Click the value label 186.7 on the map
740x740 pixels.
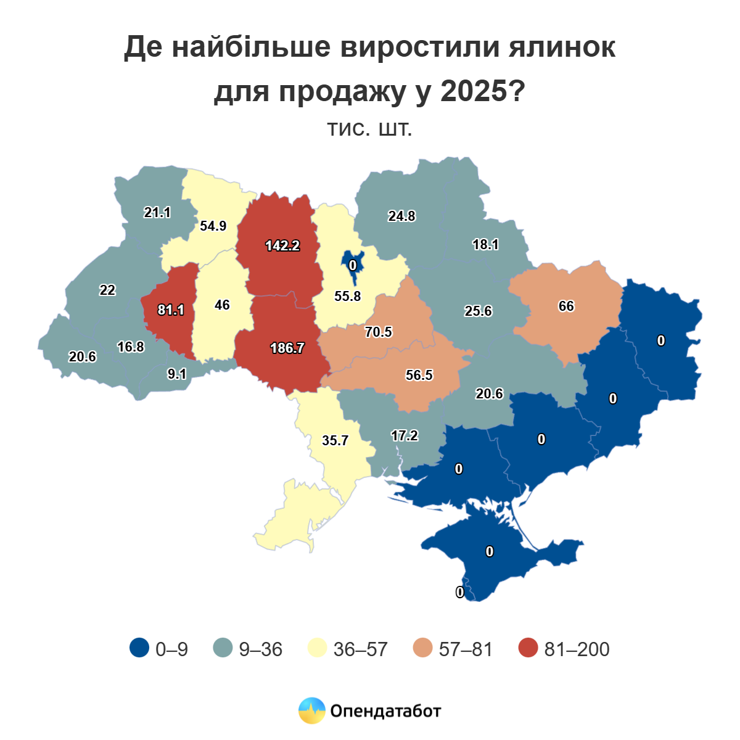coord(287,348)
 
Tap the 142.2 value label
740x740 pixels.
coord(282,245)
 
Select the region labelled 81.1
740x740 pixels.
coord(171,310)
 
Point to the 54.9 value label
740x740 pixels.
coord(213,226)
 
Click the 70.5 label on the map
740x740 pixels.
coord(378,332)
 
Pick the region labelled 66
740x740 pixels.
coord(566,306)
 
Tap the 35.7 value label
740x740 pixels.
coord(335,441)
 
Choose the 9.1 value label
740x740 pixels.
coord(177,374)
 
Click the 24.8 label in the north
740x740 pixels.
coord(401,216)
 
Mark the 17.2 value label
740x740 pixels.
coord(405,436)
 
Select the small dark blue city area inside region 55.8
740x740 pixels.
coord(353,264)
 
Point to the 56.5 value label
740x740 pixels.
coord(419,376)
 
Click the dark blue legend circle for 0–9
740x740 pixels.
coord(139,648)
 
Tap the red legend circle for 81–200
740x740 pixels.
coord(528,648)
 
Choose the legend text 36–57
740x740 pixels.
coord(360,649)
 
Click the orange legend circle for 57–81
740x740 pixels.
coord(423,648)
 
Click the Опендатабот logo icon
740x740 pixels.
coord(311,710)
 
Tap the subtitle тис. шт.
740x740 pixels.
coord(369,129)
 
